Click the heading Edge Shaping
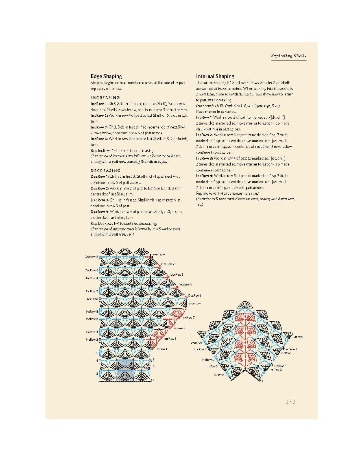[106, 76]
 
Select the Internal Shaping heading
[215, 76]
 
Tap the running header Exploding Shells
[289, 56]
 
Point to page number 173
[290, 402]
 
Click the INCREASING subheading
[105, 98]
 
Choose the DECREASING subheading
[106, 171]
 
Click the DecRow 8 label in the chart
[91, 257]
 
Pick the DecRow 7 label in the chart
[168, 264]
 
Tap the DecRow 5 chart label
[177, 275]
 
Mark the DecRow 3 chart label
[185, 285]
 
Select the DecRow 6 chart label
[91, 270]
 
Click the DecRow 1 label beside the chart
[195, 296]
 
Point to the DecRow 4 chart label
[91, 278]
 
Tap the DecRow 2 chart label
[91, 291]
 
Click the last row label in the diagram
[297, 337]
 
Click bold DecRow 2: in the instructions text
[100, 188]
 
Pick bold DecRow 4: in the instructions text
[100, 212]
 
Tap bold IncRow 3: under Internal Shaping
[204, 158]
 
